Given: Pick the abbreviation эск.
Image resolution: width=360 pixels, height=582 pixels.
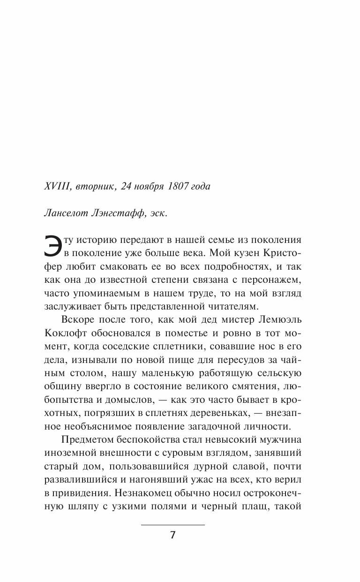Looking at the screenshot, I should coord(157,213).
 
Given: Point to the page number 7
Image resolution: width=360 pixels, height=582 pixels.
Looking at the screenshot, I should coord(173,522).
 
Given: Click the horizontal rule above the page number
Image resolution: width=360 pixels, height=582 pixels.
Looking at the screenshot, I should coord(173,511).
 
